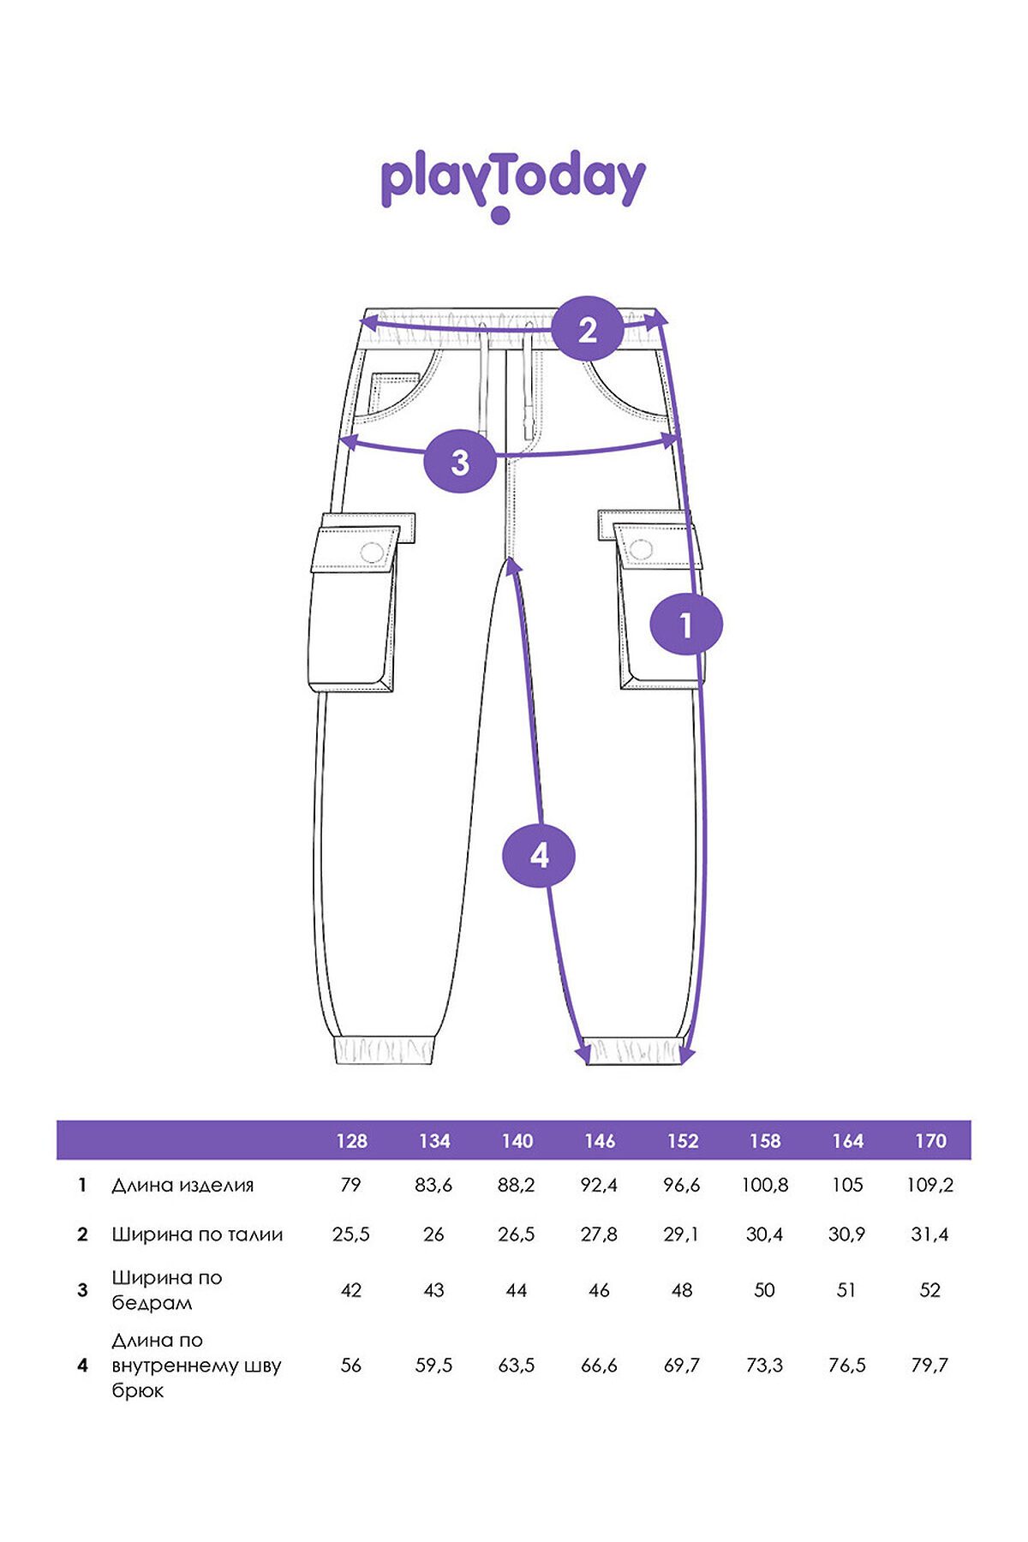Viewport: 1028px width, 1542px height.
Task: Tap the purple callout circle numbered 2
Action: [x=587, y=329]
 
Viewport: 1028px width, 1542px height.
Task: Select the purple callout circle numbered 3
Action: [x=461, y=462]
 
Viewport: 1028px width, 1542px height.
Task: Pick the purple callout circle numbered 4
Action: [x=539, y=855]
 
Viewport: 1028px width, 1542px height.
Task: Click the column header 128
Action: [x=351, y=1141]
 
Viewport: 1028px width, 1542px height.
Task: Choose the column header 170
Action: [x=930, y=1141]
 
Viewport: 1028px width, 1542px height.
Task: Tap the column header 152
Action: [x=683, y=1141]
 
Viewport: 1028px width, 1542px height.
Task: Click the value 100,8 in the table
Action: [x=765, y=1185]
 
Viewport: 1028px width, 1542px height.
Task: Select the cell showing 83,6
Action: [x=434, y=1185]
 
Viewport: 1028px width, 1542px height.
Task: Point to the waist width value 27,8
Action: [x=599, y=1234]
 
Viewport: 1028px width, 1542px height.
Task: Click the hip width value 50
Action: [x=764, y=1290]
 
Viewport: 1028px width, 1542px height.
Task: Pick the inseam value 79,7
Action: [x=930, y=1365]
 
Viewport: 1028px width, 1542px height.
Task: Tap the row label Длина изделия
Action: [x=182, y=1186]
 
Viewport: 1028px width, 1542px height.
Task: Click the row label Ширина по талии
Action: [x=197, y=1234]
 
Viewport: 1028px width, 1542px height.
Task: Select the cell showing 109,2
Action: [x=930, y=1185]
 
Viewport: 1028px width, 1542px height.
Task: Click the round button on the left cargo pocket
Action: [x=373, y=553]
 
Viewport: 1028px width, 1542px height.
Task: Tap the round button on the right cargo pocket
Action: [x=641, y=549]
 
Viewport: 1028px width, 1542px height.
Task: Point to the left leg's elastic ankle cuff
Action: [x=384, y=1050]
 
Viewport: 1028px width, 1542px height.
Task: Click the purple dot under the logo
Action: [x=501, y=215]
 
